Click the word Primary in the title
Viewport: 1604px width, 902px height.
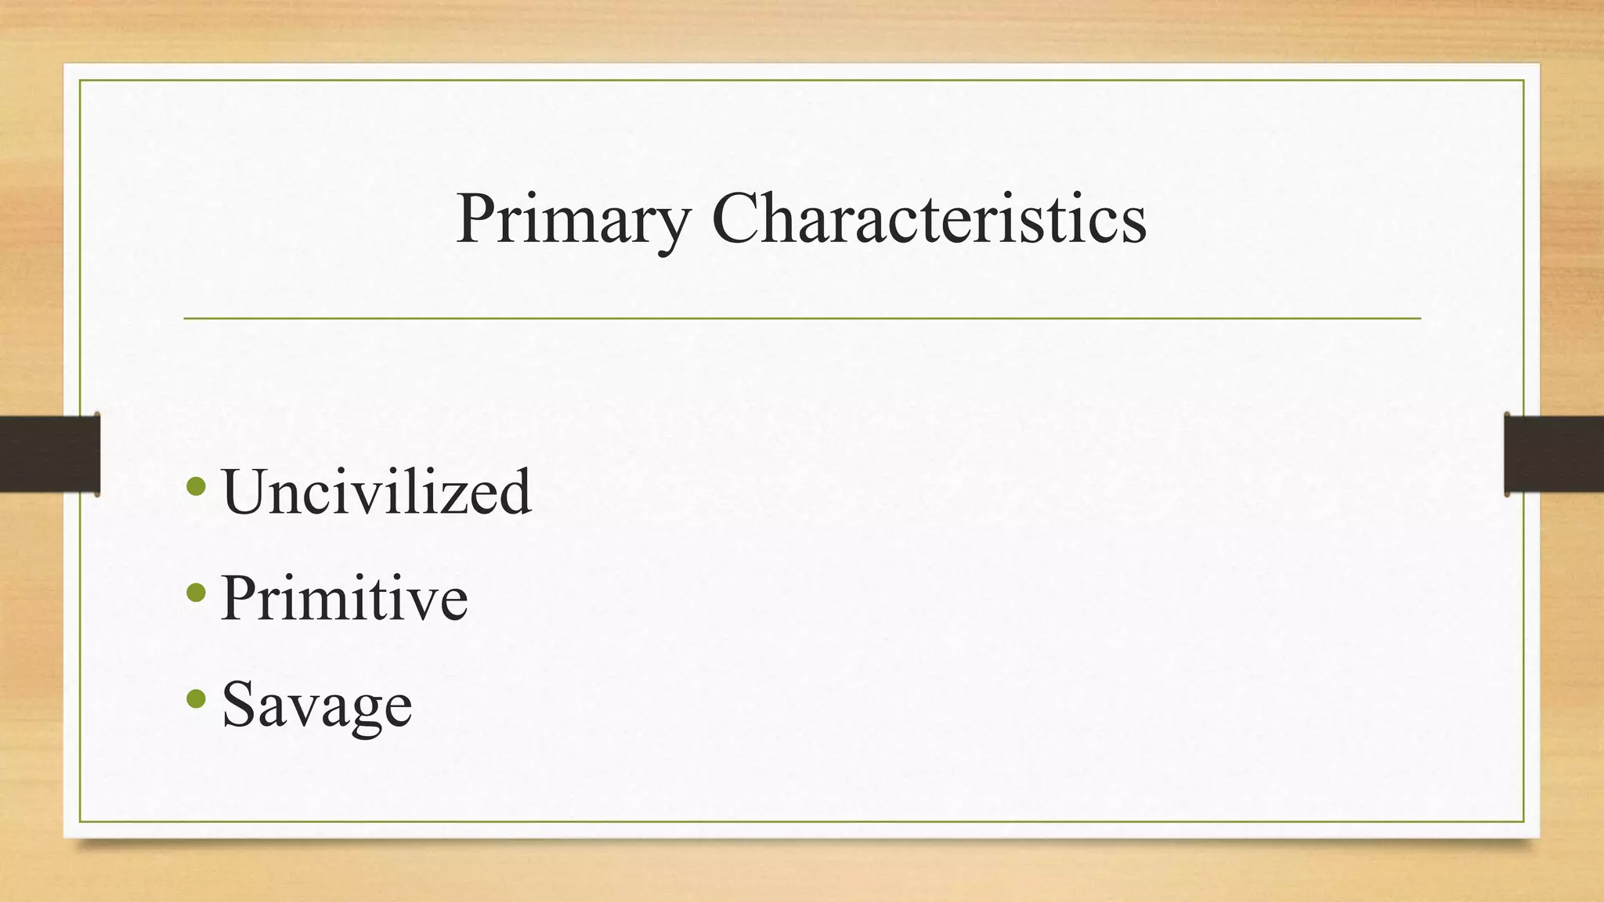click(x=573, y=219)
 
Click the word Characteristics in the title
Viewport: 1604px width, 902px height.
click(x=929, y=219)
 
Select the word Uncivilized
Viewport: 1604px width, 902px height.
click(x=377, y=492)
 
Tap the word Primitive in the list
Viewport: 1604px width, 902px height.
click(x=345, y=598)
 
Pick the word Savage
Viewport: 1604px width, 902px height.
click(x=316, y=705)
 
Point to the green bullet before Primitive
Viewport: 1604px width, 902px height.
click(x=197, y=594)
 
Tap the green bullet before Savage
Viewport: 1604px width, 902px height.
click(x=197, y=698)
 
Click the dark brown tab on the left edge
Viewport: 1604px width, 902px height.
click(x=49, y=454)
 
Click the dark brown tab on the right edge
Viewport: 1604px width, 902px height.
click(x=1554, y=454)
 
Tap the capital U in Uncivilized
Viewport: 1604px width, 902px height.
click(x=246, y=492)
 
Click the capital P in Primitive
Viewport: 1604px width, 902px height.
click(x=239, y=598)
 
